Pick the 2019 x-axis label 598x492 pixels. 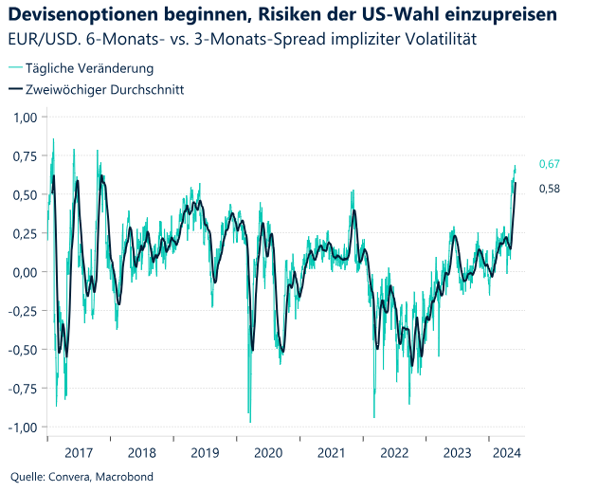205,453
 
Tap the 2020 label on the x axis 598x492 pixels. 268,453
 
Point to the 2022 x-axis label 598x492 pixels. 394,453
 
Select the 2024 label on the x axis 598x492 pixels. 507,453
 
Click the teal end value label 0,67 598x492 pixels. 550,165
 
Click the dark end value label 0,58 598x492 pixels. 550,189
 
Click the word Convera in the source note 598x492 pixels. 69,477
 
